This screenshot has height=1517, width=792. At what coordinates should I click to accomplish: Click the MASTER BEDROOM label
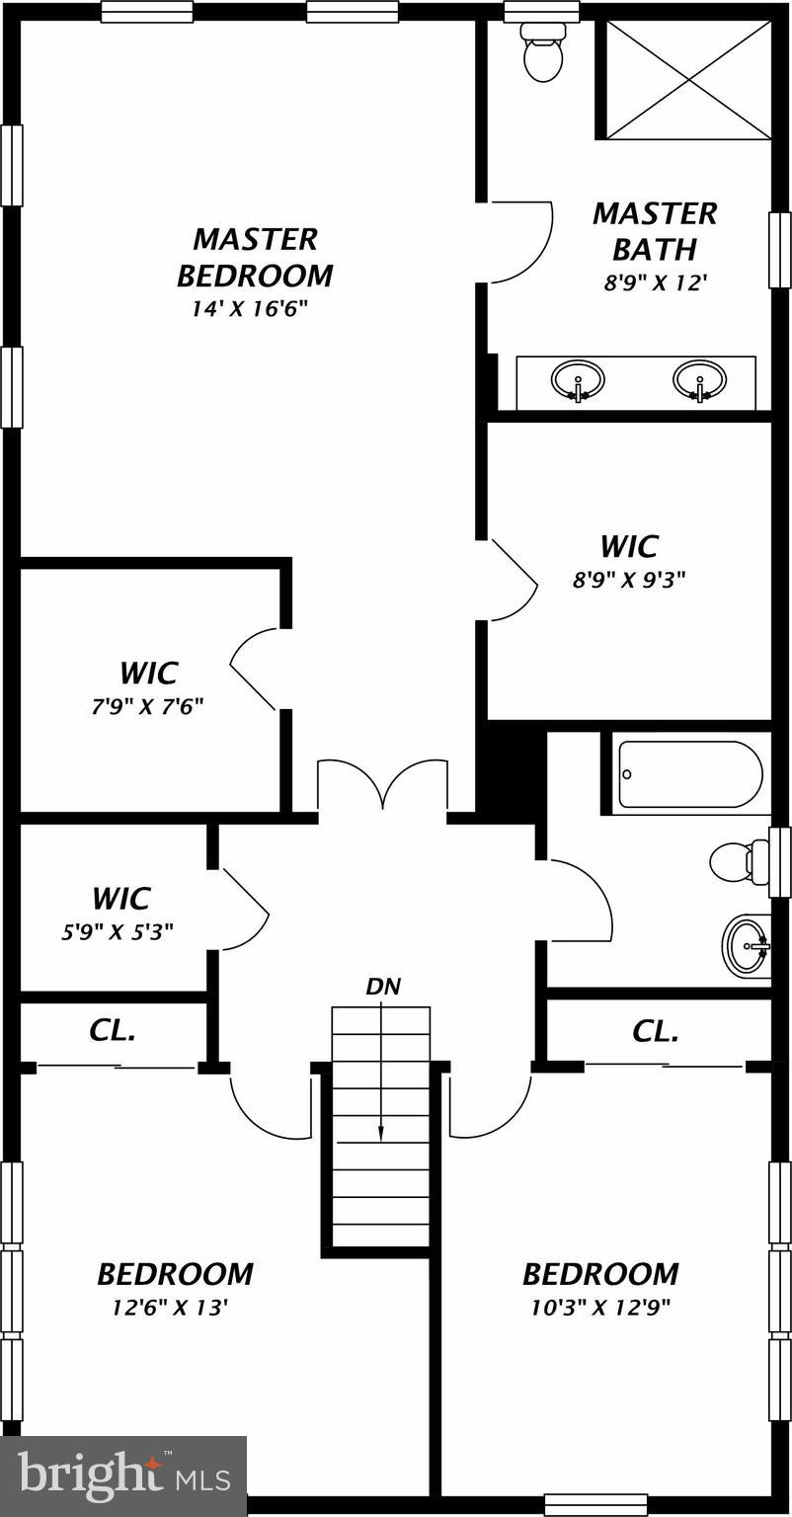[255, 257]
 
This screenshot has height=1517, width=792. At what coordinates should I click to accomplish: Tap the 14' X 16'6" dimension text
[251, 308]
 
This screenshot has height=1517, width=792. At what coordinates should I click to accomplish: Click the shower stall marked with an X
[687, 78]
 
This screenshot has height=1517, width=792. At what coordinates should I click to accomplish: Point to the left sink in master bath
[578, 380]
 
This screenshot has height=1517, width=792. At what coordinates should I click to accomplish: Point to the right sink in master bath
[699, 380]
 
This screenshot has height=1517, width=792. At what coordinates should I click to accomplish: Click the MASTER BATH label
[655, 230]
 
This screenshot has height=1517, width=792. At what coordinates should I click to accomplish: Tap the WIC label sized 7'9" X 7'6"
[148, 674]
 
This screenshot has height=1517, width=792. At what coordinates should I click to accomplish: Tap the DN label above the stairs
[383, 986]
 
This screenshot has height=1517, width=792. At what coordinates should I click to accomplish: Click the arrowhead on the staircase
[381, 1135]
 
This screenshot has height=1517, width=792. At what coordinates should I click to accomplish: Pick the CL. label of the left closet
[113, 1031]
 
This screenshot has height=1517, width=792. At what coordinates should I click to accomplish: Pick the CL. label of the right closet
[656, 1032]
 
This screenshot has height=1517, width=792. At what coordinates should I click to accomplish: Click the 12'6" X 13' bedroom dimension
[170, 1308]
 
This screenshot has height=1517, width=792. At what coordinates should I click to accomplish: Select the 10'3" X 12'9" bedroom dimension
[600, 1308]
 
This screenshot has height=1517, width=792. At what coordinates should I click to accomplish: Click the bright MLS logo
[123, 1477]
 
